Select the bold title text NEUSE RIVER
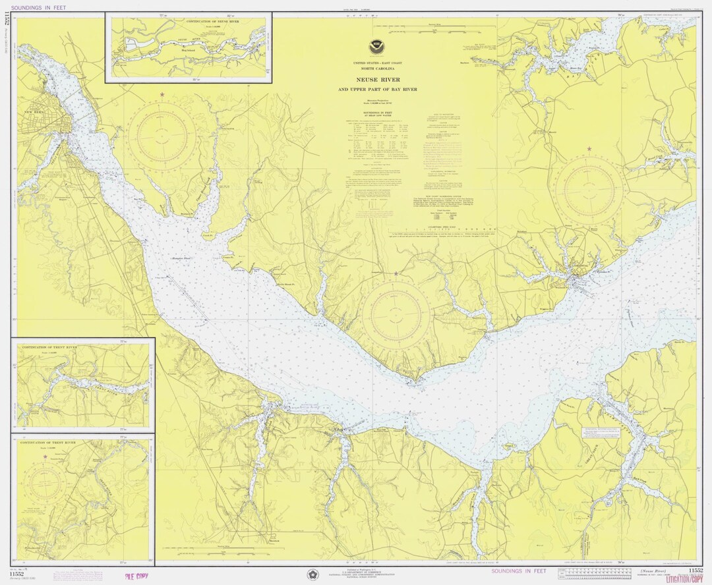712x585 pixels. (x=378, y=80)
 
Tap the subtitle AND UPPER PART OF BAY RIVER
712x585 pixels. (x=378, y=89)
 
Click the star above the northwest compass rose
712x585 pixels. (x=162, y=95)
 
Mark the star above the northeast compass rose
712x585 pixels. (x=589, y=149)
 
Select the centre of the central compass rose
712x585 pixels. (x=396, y=312)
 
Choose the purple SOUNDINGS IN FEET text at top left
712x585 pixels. (x=43, y=7)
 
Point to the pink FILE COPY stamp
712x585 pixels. (x=136, y=576)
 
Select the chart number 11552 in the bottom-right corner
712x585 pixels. (x=695, y=570)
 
